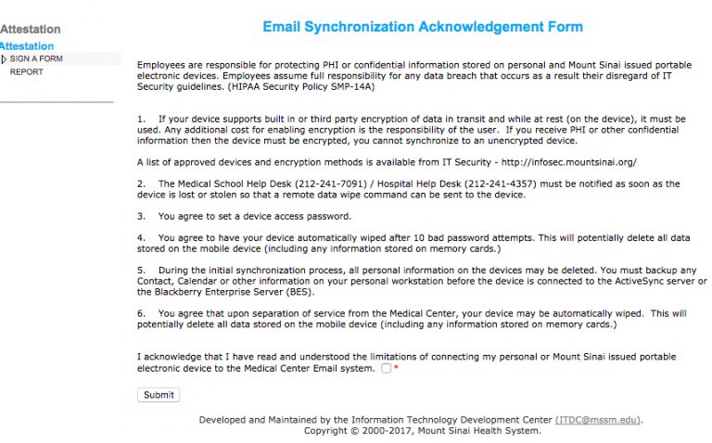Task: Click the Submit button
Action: pos(159,395)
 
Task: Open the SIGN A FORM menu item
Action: pos(36,59)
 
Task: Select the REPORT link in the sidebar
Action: pos(26,72)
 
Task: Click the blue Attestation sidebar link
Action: pos(27,46)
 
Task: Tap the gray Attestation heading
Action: pos(31,30)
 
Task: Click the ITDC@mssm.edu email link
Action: pos(597,420)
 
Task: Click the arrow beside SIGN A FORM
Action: pos(4,59)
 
